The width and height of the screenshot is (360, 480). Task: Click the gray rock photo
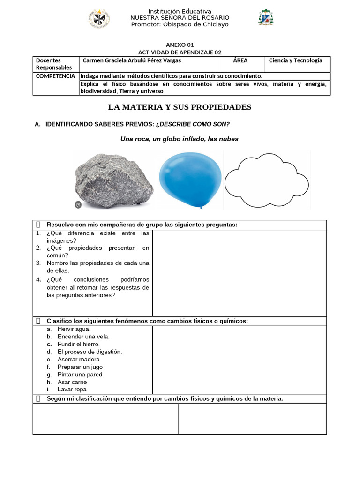coord(114,180)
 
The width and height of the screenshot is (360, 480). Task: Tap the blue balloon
coord(189,179)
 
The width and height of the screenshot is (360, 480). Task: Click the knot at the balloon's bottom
coord(202,206)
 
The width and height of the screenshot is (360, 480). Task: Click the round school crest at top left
coord(99,18)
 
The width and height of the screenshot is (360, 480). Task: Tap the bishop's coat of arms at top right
coord(266,18)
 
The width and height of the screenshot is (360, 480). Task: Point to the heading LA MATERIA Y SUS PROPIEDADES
coord(180,107)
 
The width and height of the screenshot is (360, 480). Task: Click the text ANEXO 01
coord(180,45)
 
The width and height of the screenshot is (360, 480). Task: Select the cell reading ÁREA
coord(240,60)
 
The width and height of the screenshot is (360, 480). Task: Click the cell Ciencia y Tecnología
coord(295,60)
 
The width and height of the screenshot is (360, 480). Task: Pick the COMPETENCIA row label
coord(55,76)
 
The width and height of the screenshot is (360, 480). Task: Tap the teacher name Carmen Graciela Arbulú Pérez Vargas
coord(132,60)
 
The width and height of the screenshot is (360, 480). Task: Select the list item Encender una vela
coord(83,337)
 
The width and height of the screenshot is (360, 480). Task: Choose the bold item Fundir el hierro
coord(79,344)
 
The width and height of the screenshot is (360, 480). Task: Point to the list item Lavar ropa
coord(72,390)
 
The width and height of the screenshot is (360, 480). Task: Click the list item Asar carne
coord(72,382)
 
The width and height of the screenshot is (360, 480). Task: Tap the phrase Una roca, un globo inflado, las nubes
coord(180,139)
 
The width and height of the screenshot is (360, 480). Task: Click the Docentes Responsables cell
coord(54,64)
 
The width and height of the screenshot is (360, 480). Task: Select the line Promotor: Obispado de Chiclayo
coord(180,24)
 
